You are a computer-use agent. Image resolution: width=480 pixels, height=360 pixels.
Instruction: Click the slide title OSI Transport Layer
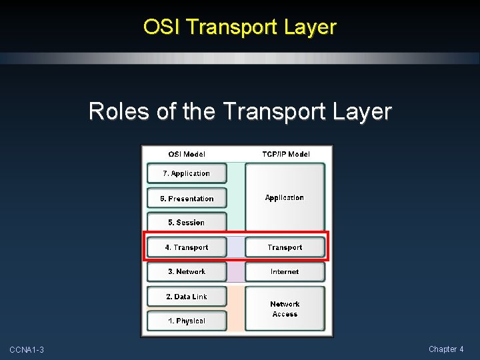(x=240, y=27)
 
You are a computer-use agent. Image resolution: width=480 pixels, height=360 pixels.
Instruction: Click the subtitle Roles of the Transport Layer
(x=240, y=111)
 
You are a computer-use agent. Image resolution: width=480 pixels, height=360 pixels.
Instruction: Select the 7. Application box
(x=187, y=173)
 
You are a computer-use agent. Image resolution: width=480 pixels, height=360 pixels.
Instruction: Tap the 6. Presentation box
(x=187, y=199)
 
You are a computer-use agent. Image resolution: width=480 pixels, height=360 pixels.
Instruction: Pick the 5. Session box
(x=187, y=223)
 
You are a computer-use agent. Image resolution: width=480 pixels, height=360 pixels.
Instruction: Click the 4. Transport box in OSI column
(x=187, y=247)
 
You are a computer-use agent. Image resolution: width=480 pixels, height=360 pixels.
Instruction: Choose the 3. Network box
(x=187, y=272)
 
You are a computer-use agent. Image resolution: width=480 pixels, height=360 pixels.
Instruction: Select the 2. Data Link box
(x=187, y=297)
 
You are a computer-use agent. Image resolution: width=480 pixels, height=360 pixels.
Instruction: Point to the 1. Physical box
(x=187, y=321)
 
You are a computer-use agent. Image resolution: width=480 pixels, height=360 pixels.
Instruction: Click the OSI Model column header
(x=187, y=154)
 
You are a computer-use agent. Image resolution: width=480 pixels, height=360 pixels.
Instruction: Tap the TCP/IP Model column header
(x=285, y=154)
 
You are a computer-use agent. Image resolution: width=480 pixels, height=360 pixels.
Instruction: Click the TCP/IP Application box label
(x=285, y=198)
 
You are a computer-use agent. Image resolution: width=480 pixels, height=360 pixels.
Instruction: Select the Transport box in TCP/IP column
(x=285, y=247)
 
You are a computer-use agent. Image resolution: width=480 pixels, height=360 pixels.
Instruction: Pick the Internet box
(x=285, y=272)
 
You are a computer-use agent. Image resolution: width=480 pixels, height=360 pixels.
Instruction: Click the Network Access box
(x=285, y=309)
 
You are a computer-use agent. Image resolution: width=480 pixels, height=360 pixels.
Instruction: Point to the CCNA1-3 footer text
(x=27, y=350)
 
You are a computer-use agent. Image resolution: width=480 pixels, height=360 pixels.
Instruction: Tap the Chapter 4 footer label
(x=446, y=349)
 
